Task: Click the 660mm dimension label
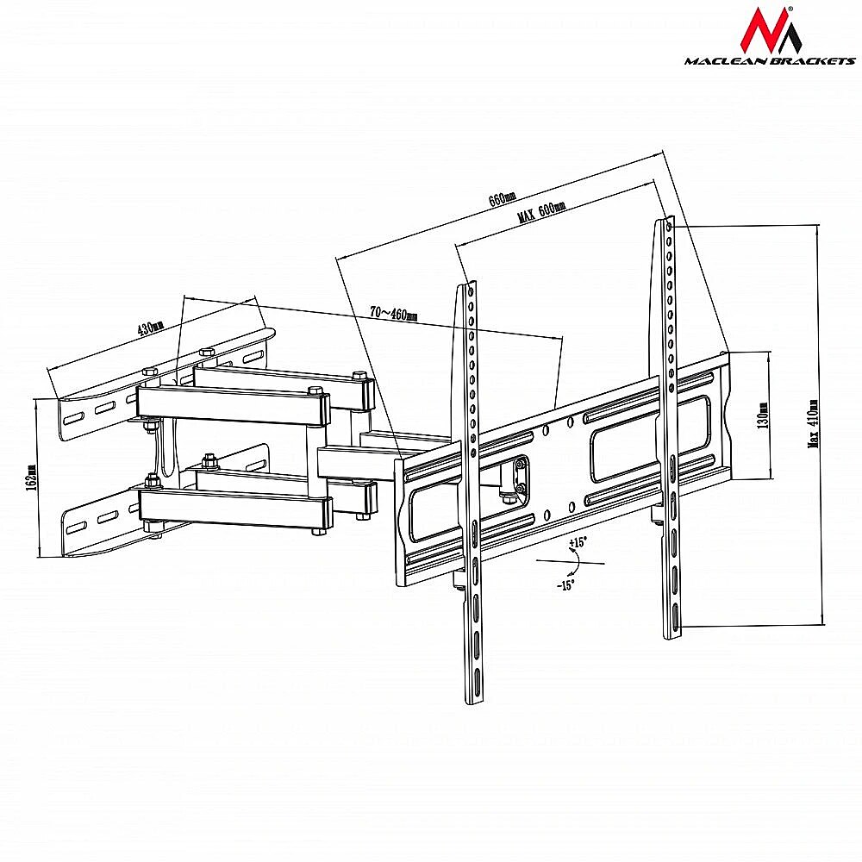click(502, 198)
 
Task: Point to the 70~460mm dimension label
click(394, 314)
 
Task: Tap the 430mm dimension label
click(150, 328)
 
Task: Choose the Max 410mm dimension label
click(813, 424)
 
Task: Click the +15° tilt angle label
click(578, 542)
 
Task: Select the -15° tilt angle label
click(565, 585)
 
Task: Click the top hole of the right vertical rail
click(669, 226)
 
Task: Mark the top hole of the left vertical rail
click(471, 290)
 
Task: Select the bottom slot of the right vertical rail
click(675, 615)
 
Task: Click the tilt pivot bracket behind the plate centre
click(516, 476)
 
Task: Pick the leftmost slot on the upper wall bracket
click(73, 420)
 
